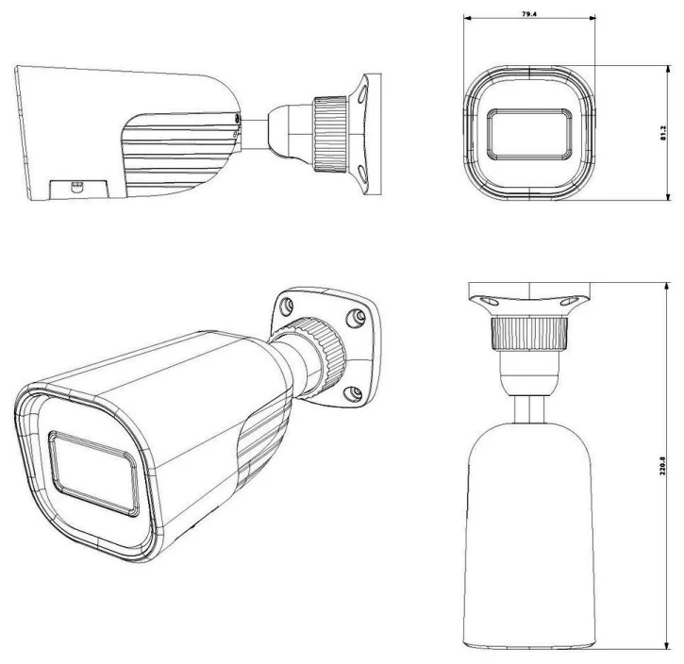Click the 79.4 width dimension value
(x=530, y=16)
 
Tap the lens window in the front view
(x=529, y=132)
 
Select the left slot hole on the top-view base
(x=488, y=301)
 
